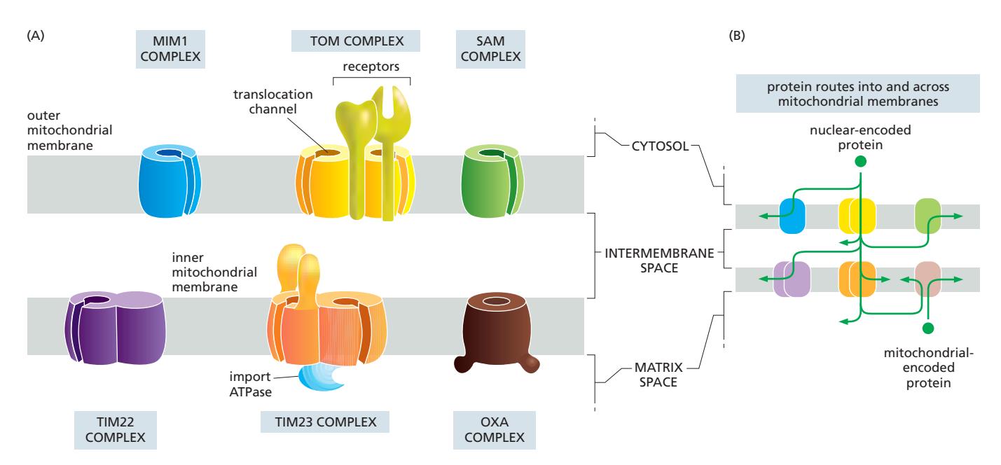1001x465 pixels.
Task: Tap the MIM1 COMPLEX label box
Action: pyautogui.click(x=167, y=49)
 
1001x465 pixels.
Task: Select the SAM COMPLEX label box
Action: pyautogui.click(x=492, y=49)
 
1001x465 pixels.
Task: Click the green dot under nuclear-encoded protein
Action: pyautogui.click(x=860, y=162)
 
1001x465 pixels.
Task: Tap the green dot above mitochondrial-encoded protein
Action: pyautogui.click(x=928, y=328)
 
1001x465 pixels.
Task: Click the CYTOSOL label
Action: pyautogui.click(x=651, y=148)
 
